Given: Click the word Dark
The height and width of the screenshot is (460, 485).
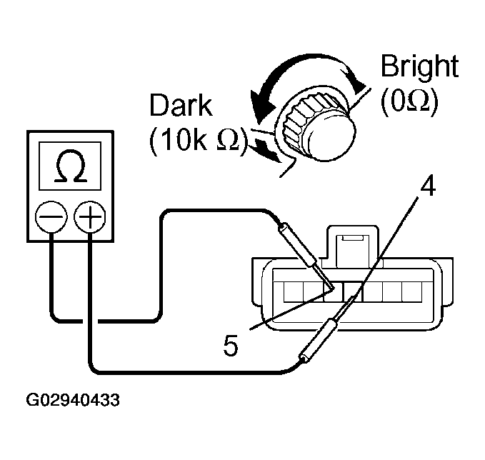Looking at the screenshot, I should pyautogui.click(x=181, y=106).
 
